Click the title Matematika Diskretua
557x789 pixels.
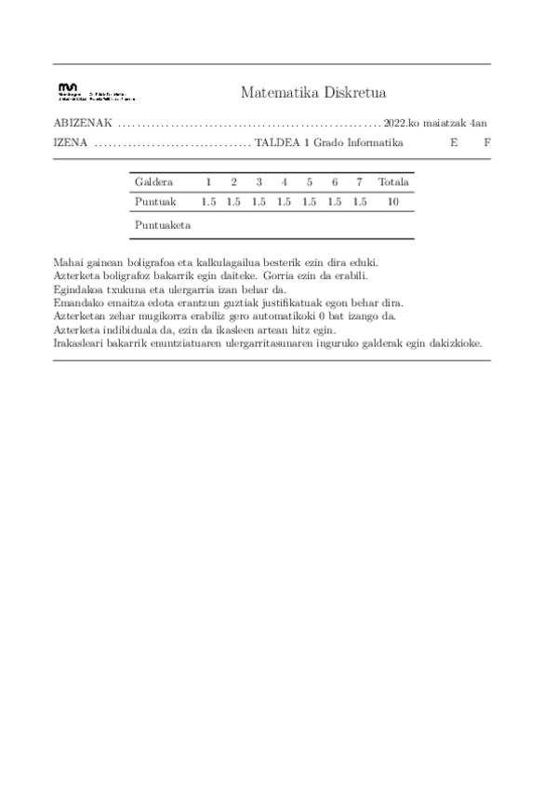coord(312,92)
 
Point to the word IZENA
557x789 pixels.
coord(72,143)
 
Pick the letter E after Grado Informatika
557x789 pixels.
coord(454,143)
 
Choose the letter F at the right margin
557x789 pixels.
coord(486,143)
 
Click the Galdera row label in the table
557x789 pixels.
coord(153,181)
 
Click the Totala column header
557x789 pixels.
coord(393,181)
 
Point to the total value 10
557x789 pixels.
coord(393,201)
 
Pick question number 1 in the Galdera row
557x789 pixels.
coord(208,181)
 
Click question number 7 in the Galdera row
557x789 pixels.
coord(360,181)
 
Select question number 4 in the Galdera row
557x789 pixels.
coord(285,181)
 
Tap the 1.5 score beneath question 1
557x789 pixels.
coord(208,201)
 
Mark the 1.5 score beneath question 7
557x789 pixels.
coord(360,201)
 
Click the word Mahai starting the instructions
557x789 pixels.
coord(70,263)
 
